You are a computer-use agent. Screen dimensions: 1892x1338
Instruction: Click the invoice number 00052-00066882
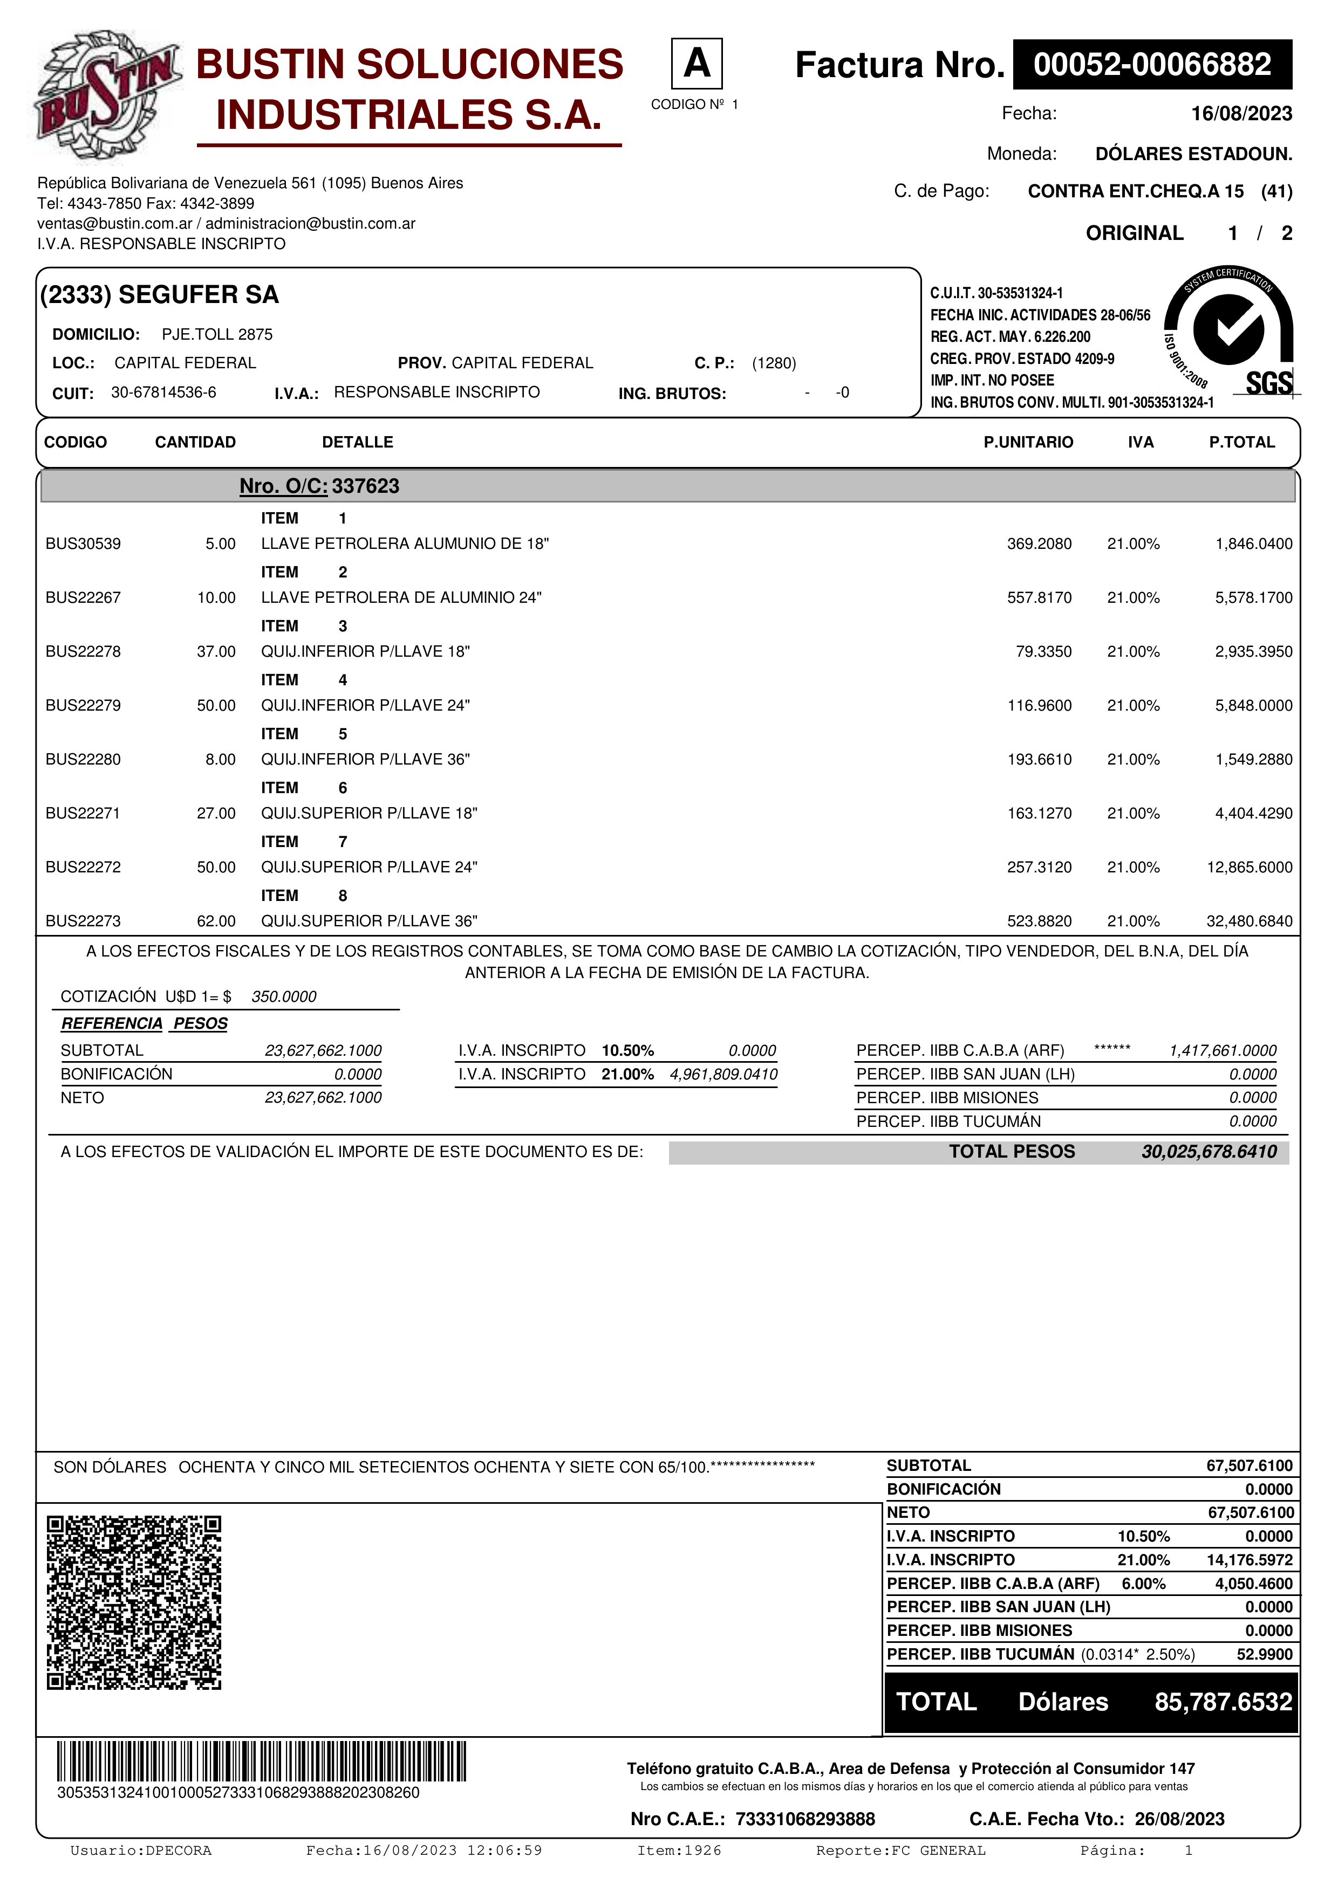pos(1152,64)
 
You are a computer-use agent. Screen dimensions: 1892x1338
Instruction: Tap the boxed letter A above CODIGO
pos(697,64)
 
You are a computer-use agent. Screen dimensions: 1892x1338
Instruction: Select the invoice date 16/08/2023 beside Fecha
pos(1241,114)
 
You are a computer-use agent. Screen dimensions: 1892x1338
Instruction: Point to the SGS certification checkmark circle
pos(1227,329)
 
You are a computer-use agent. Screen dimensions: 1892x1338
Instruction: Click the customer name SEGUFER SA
pos(198,295)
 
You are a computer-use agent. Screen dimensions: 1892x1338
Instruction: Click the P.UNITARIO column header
pos(1028,443)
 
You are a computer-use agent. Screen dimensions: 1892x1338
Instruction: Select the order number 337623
pos(365,486)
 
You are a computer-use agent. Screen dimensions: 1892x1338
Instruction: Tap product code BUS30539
pos(83,544)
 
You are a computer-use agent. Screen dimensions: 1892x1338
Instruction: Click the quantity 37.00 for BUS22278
pos(216,652)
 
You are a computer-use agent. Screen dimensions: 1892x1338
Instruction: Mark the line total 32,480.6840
pos(1249,921)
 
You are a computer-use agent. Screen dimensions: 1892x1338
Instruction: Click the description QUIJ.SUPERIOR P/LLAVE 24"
pos(370,867)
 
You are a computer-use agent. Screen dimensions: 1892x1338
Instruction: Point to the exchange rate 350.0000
pos(284,997)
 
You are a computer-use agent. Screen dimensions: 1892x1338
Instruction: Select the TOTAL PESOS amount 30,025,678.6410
pos(1209,1152)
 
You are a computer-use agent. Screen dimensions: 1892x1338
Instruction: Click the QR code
pos(134,1603)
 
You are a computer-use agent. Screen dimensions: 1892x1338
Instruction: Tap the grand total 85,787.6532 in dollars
pos(1223,1702)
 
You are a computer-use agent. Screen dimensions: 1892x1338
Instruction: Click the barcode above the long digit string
pos(261,1763)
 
